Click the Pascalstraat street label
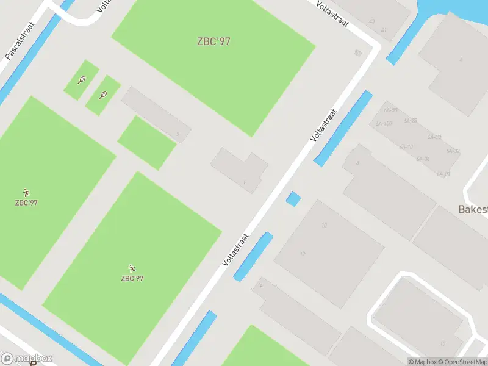[x=20, y=41]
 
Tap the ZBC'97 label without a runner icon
[x=213, y=41]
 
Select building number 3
[x=178, y=133]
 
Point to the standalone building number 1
[x=244, y=182]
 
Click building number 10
[x=324, y=225]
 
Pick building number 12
[x=303, y=254]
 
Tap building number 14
[x=260, y=285]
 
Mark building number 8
[x=357, y=163]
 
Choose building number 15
[x=442, y=343]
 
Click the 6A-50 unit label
[x=391, y=110]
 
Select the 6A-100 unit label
[x=384, y=123]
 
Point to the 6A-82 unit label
[x=411, y=121]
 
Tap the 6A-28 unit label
[x=434, y=137]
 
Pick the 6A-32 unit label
[x=453, y=151]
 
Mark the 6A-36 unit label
[x=423, y=159]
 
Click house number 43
[x=372, y=21]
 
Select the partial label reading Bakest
[x=473, y=209]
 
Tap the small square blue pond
[x=293, y=198]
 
